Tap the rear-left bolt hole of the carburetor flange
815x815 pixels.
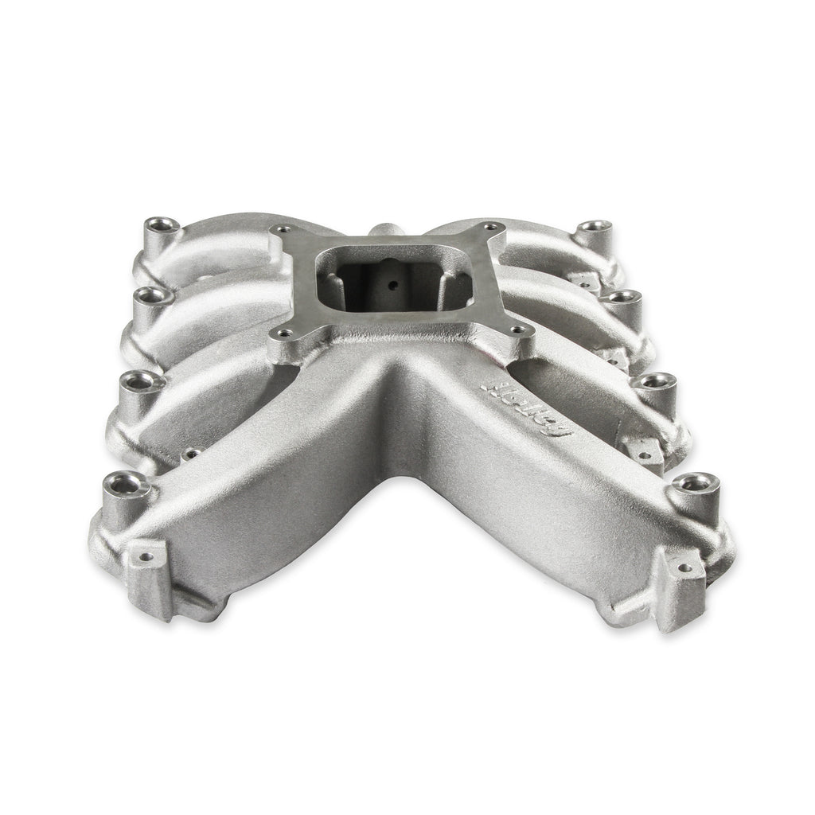(284, 228)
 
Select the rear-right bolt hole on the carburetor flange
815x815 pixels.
(489, 227)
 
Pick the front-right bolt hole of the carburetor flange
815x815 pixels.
(516, 330)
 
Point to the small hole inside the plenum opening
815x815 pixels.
(393, 285)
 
